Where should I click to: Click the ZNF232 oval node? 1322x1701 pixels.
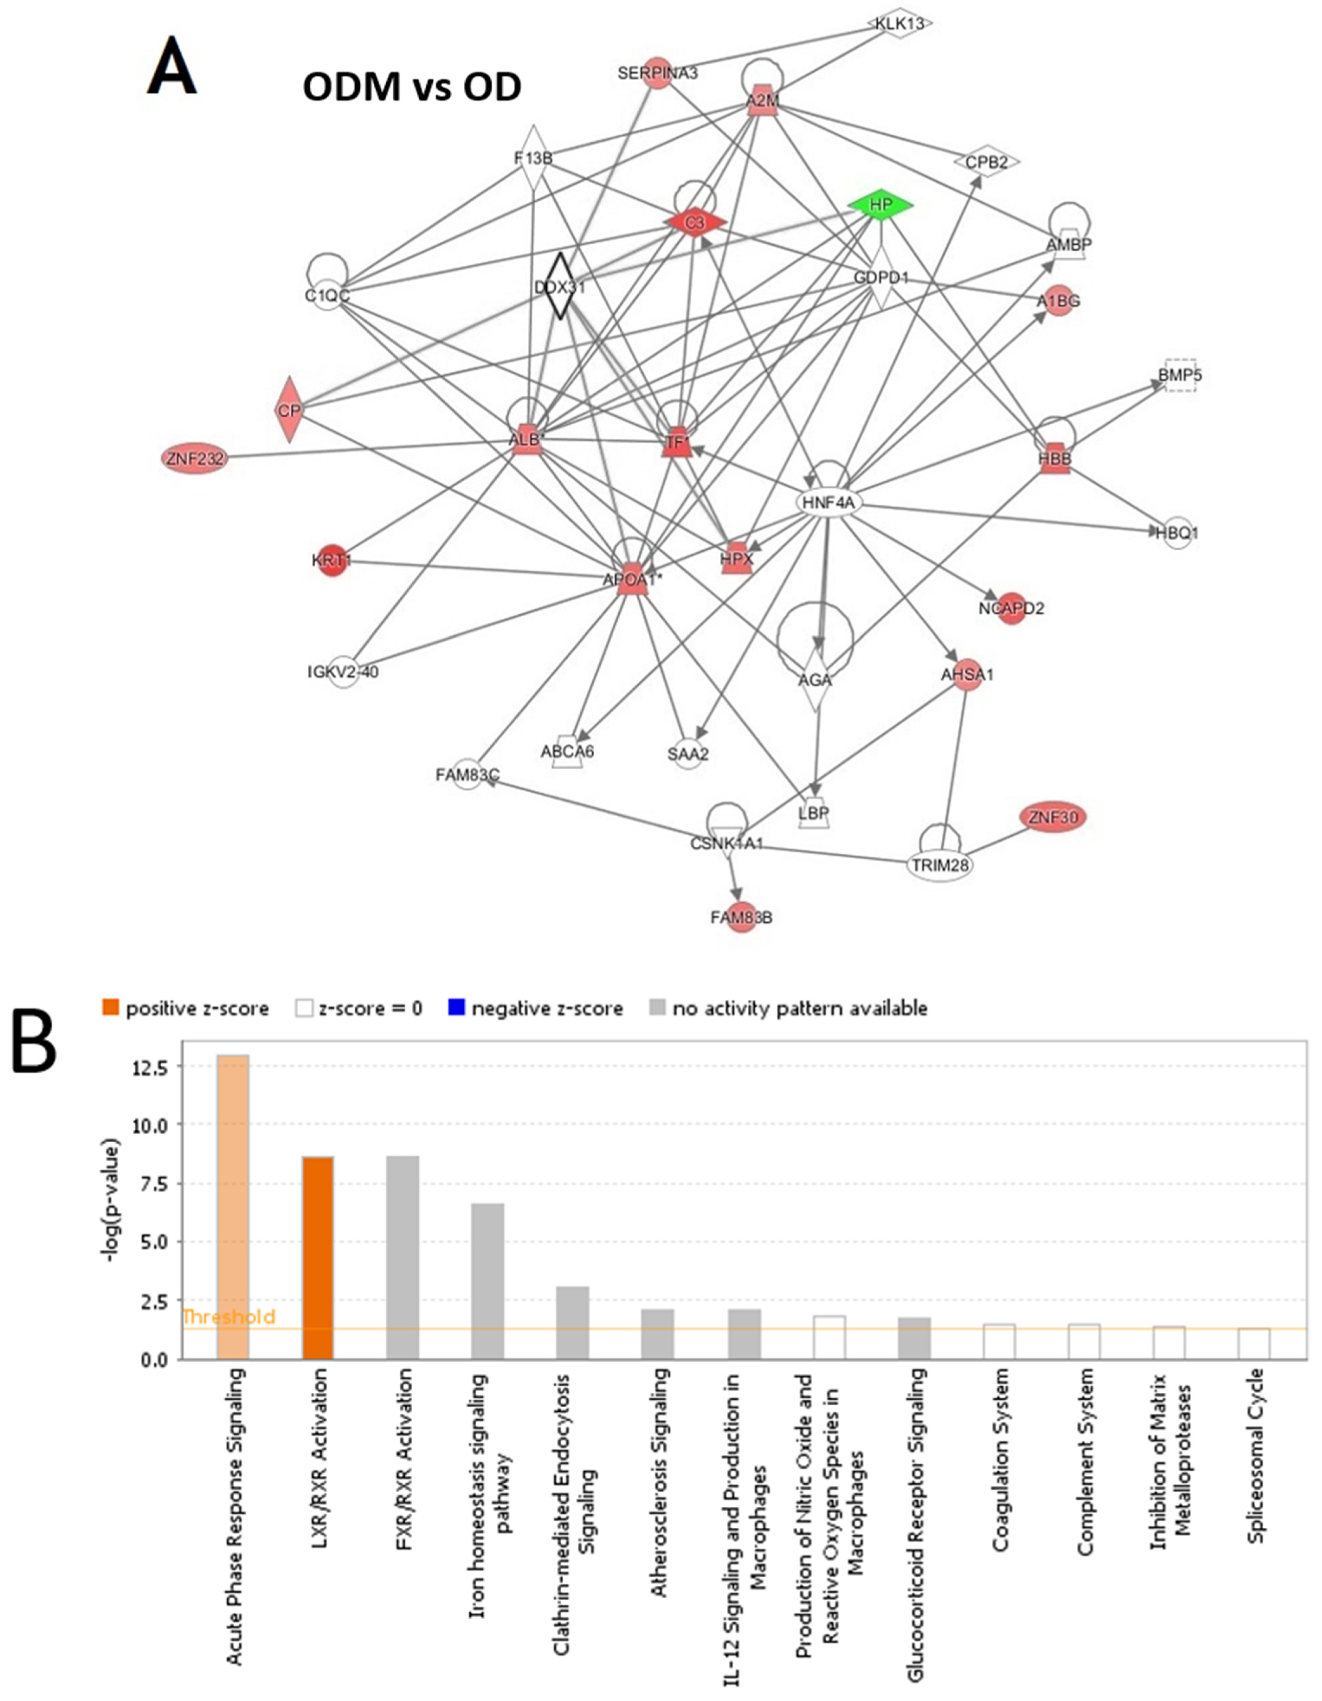pyautogui.click(x=195, y=459)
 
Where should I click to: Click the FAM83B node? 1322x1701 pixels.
pyautogui.click(x=742, y=917)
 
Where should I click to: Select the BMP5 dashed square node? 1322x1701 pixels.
pyautogui.click(x=1179, y=376)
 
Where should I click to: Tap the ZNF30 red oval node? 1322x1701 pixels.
pyautogui.click(x=1053, y=817)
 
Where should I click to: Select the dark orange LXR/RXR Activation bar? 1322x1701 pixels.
pyautogui.click(x=318, y=1258)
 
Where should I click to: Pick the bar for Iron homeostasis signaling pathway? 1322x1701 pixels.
pyautogui.click(x=488, y=1281)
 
